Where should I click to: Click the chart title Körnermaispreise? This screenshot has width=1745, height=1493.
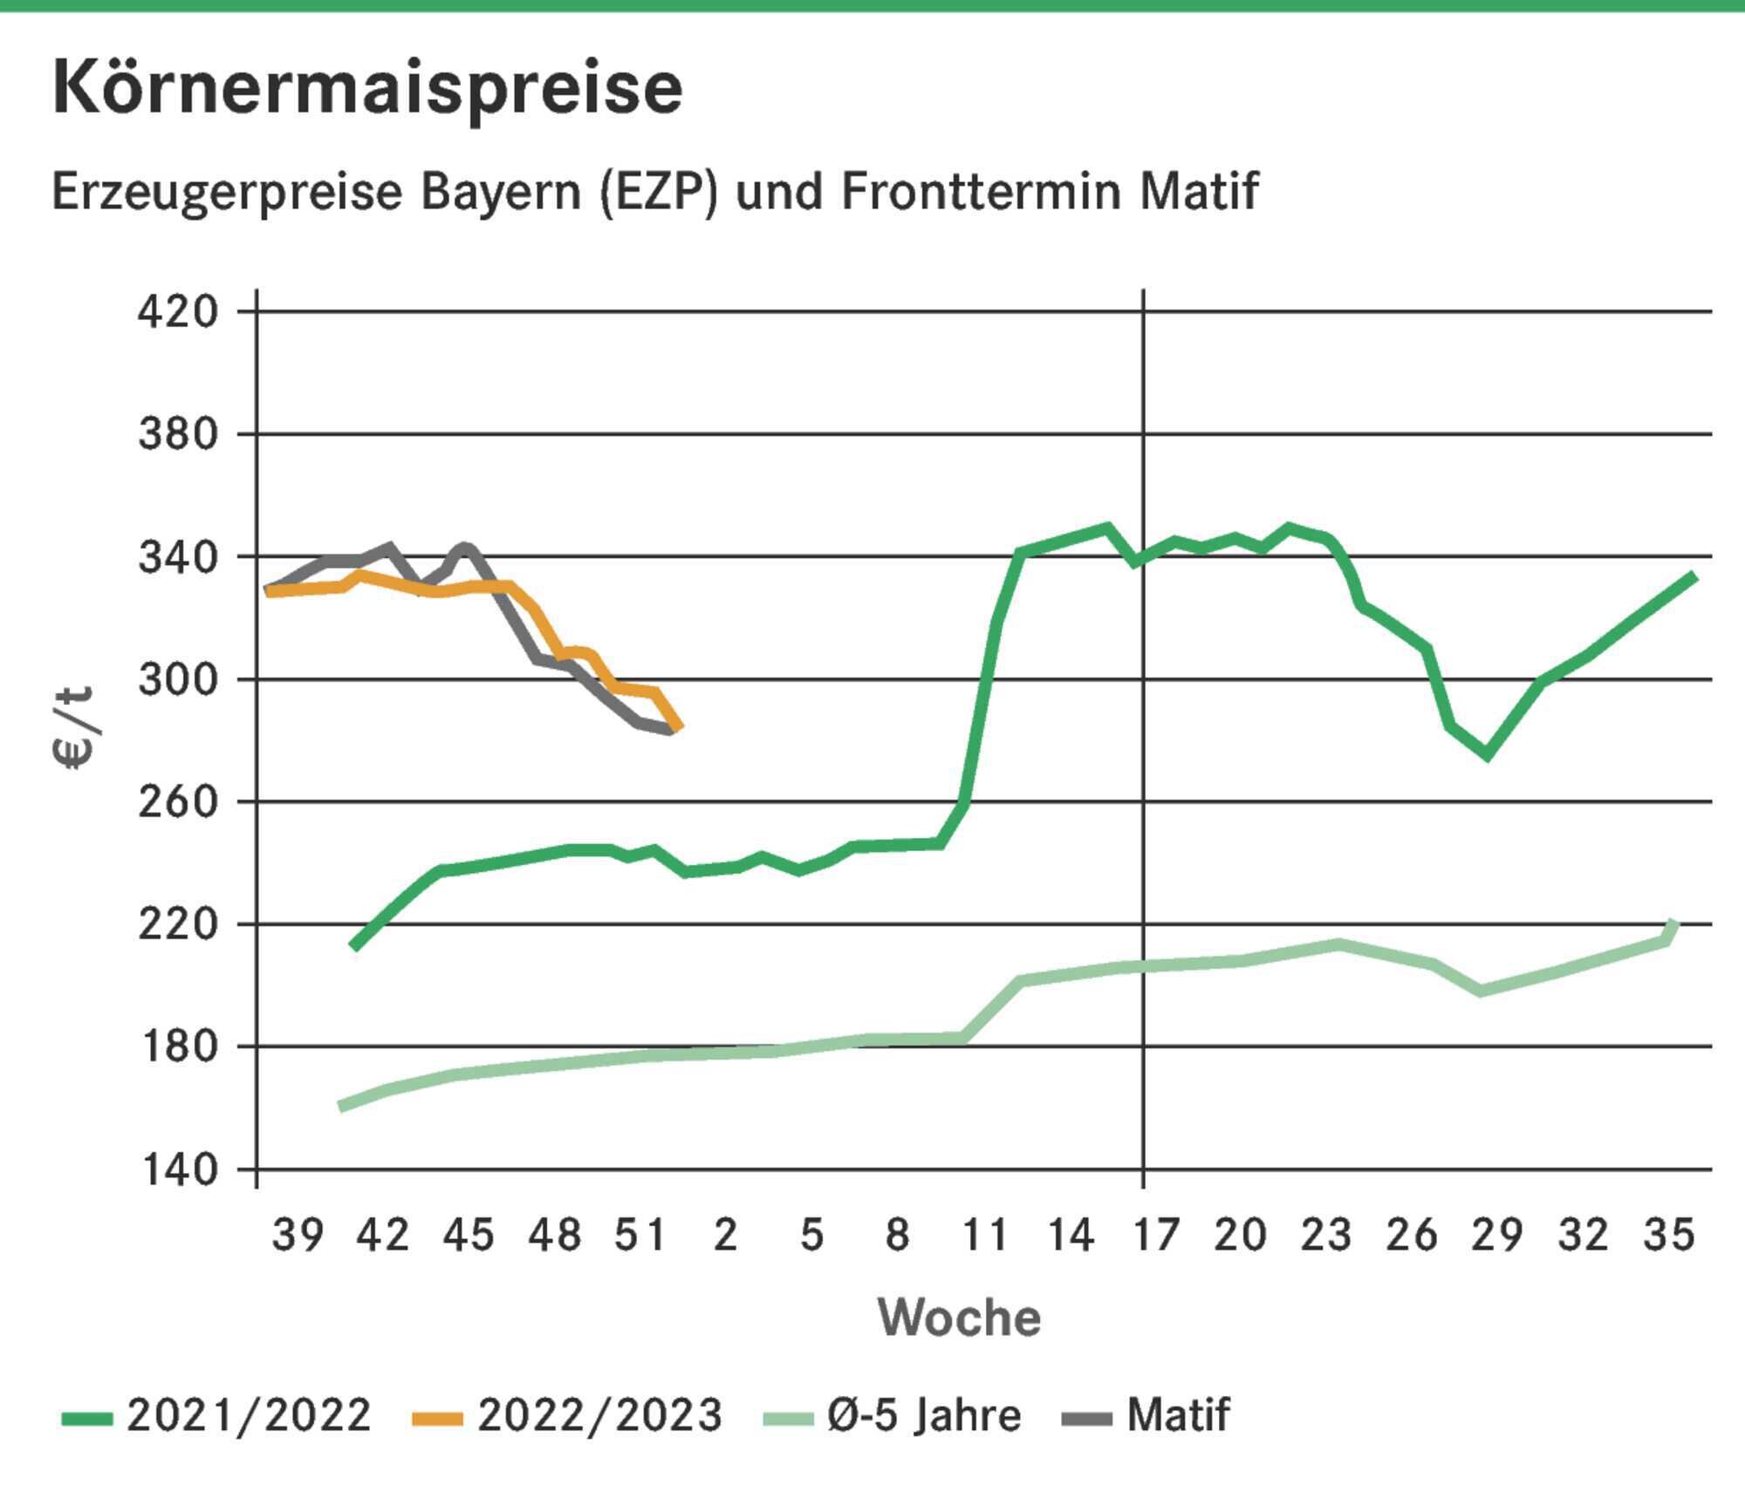point(366,89)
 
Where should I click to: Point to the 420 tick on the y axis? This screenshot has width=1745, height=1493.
point(178,311)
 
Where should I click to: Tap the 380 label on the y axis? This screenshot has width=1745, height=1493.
point(178,433)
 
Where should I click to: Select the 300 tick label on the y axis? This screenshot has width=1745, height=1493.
point(178,678)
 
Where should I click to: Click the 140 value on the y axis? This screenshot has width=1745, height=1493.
point(178,1169)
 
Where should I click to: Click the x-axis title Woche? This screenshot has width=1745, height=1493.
point(959,1317)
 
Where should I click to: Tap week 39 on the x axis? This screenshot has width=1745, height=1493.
point(298,1235)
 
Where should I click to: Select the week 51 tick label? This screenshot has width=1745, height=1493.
point(640,1235)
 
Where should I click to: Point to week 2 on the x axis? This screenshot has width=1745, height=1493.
point(726,1235)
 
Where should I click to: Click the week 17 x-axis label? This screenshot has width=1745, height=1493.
point(1156,1235)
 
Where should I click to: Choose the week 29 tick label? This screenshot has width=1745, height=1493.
point(1497,1235)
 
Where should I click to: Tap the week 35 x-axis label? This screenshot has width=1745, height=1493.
point(1669,1235)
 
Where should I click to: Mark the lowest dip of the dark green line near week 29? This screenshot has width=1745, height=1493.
point(1487,755)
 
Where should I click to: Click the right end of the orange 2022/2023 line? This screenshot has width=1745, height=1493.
point(679,726)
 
